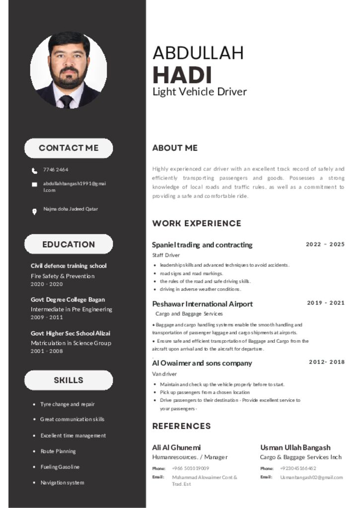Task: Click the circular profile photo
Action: [69, 70]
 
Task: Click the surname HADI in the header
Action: [182, 75]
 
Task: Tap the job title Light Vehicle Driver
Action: [199, 92]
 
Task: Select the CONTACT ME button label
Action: [69, 148]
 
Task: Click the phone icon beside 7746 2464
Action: [34, 171]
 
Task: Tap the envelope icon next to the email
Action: [34, 185]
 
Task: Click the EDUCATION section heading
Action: [69, 244]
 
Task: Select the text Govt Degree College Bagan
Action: [68, 300]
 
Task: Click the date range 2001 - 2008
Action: [47, 351]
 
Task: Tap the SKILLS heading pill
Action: [69, 380]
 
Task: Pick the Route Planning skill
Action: [58, 451]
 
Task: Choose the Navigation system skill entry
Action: [62, 483]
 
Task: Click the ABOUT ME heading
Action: [175, 148]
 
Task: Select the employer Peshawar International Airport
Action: [202, 304]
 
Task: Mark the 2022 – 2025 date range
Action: [325, 244]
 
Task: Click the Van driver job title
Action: [164, 374]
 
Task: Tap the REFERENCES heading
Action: [181, 426]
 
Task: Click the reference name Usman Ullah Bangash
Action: [295, 447]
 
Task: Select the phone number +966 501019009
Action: [190, 468]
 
